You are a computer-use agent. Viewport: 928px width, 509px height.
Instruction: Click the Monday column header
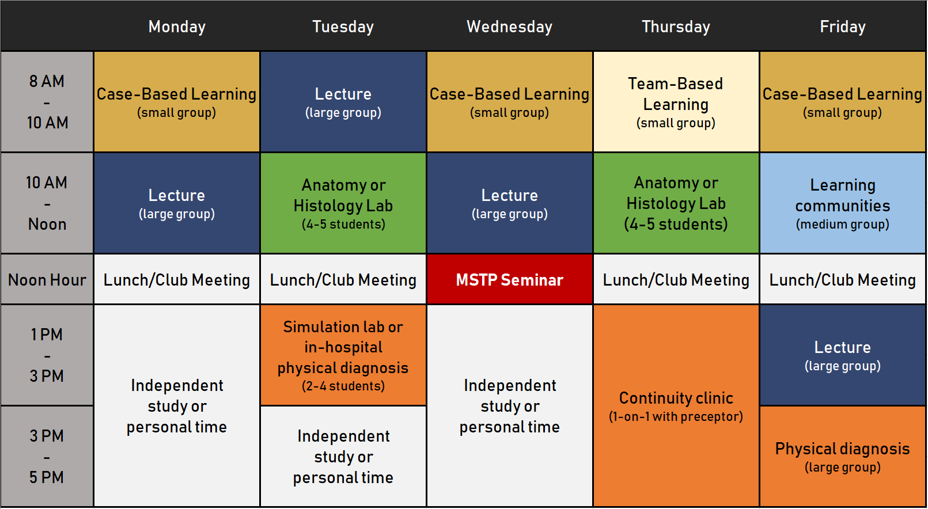177,26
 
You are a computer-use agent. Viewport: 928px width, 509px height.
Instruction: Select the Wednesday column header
509,26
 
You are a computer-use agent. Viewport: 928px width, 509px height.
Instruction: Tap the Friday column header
842,26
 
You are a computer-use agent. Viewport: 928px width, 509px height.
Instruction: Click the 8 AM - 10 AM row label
47,102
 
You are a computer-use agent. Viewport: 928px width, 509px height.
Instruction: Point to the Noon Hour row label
47,280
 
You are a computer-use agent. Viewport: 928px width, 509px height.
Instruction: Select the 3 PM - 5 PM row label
47,457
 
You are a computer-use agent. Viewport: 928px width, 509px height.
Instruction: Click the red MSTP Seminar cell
509,280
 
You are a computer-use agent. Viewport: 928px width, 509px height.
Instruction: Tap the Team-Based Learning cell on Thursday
676,102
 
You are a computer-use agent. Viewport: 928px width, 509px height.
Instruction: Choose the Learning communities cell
842,203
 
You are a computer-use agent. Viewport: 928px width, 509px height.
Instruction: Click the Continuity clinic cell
676,406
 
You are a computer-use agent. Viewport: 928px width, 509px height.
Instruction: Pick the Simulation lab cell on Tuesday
343,355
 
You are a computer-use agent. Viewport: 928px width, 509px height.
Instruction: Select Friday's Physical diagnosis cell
842,457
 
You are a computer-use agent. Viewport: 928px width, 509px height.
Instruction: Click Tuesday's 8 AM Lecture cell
343,102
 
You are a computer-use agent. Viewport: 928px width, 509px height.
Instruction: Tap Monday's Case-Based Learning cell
177,102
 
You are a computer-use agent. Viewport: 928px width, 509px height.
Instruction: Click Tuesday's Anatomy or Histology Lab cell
343,203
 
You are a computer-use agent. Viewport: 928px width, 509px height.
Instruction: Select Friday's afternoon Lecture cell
842,355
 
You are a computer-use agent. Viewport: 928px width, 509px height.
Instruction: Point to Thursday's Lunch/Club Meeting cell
676,280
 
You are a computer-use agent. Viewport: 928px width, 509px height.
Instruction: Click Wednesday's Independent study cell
509,406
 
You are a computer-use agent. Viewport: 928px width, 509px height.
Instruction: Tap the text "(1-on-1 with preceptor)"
676,417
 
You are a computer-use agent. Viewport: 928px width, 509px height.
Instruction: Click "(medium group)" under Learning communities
842,225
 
